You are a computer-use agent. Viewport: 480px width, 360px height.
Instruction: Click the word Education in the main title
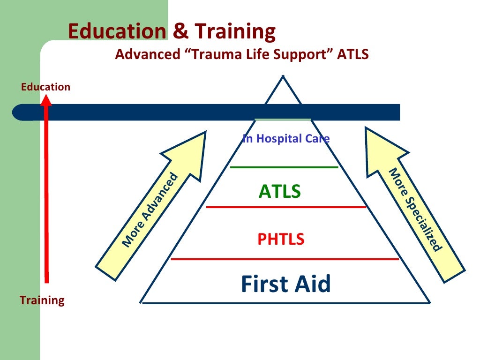coord(117,32)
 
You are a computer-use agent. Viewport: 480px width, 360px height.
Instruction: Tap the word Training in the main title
coord(235,32)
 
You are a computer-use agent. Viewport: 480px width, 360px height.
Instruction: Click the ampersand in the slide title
coord(180,32)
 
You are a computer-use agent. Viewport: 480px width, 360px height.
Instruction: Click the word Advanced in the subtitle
coord(147,55)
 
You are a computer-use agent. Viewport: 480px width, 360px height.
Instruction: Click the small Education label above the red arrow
coord(45,87)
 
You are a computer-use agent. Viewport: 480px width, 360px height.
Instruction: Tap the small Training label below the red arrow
coord(42,300)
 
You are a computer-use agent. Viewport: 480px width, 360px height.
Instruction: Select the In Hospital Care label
coord(286,139)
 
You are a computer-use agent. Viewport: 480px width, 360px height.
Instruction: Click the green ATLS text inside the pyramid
coord(279,191)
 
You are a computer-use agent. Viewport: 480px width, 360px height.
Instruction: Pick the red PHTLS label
coord(281,240)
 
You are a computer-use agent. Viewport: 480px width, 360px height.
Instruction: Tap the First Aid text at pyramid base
coord(285,284)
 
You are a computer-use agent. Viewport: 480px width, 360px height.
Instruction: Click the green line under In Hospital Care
coord(284,167)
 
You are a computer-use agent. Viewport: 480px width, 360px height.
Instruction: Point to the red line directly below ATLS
coord(286,207)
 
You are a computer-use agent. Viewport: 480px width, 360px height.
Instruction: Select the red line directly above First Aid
coord(285,258)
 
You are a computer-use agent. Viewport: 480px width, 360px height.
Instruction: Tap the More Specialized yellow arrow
coord(412,206)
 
